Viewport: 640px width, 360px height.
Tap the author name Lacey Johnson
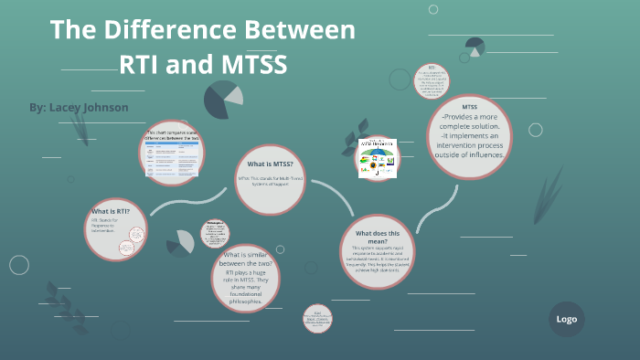point(79,108)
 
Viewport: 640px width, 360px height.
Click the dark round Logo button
point(566,319)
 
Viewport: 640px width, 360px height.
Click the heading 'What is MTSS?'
point(270,164)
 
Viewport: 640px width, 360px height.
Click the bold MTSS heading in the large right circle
point(470,107)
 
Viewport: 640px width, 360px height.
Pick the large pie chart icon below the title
point(222,99)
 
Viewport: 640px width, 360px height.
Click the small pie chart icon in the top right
point(475,47)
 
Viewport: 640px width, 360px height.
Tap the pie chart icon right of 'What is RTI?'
point(180,241)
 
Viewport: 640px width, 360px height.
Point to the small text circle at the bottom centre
point(317,317)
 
